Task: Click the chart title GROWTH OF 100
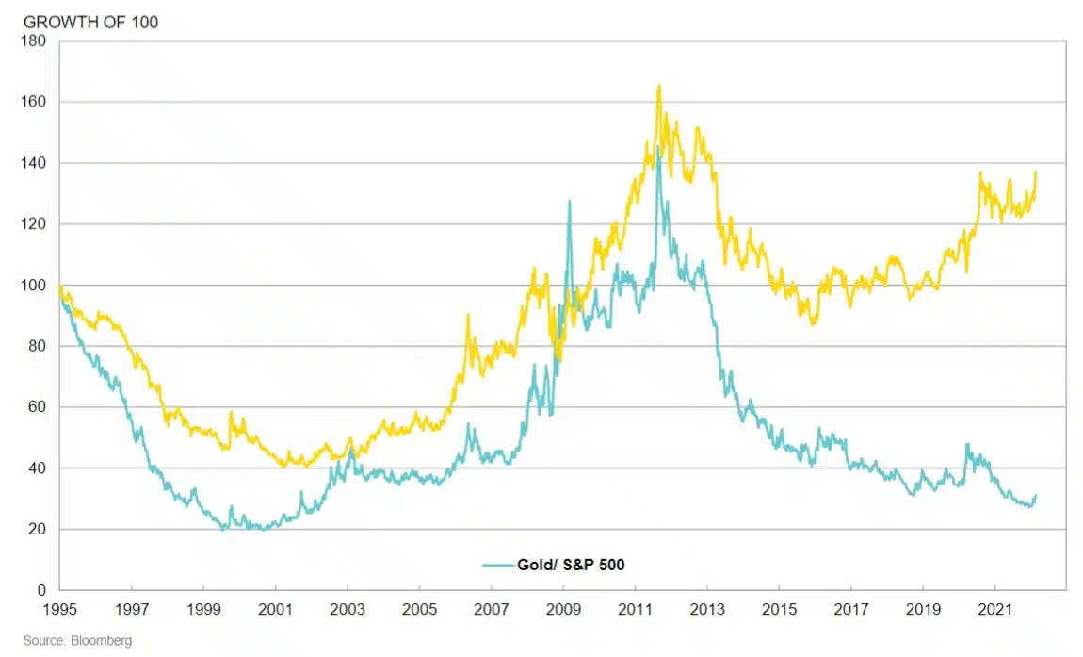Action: (x=90, y=22)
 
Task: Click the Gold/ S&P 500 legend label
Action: (x=571, y=565)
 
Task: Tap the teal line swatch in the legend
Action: (x=496, y=565)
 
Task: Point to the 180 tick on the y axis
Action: (x=35, y=41)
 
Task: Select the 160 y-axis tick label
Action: (x=35, y=102)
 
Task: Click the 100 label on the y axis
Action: (x=35, y=285)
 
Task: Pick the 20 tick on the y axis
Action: (x=38, y=530)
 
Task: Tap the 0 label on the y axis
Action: (x=41, y=590)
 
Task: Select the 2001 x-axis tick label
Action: (x=274, y=609)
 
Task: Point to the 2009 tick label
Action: (x=562, y=609)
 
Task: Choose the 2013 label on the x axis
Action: (x=706, y=609)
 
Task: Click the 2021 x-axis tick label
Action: (x=994, y=609)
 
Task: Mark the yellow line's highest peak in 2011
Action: (x=659, y=86)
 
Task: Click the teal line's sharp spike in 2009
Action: (x=569, y=201)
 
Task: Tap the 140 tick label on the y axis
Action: (x=35, y=163)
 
